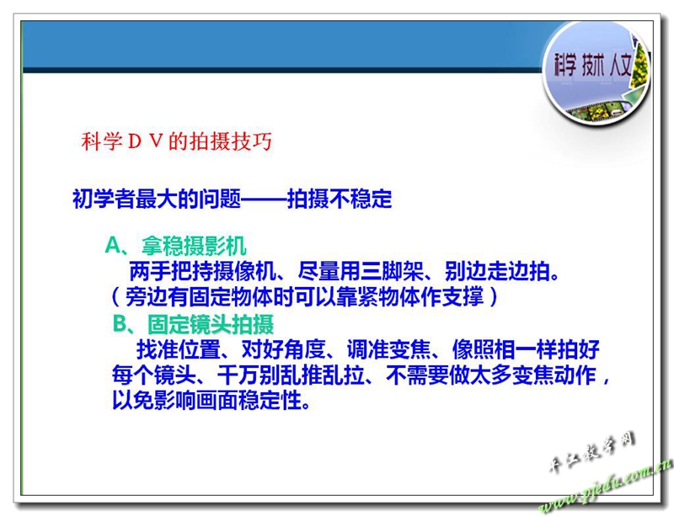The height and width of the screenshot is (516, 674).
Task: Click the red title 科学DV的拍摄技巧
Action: [x=177, y=141]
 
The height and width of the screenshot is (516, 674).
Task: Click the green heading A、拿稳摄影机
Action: [x=175, y=246]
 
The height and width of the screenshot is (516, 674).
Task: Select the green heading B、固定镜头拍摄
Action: [x=193, y=324]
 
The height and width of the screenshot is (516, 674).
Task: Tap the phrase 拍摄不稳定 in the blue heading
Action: [x=340, y=199]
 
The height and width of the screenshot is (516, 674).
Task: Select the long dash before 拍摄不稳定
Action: [x=264, y=199]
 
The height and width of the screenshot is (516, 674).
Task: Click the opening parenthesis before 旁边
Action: [x=115, y=297]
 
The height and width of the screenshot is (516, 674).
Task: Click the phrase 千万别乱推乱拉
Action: [x=291, y=375]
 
